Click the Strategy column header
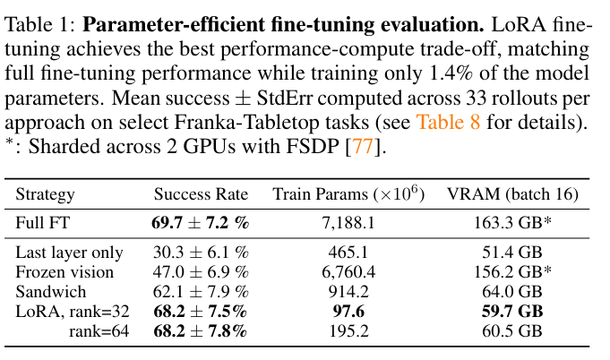point(46,194)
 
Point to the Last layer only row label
point(70,253)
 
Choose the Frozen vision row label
point(65,272)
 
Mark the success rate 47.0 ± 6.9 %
point(200,272)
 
